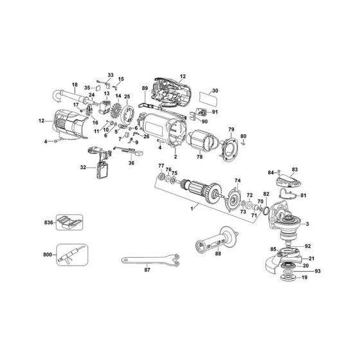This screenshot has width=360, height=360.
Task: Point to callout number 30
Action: tap(215, 91)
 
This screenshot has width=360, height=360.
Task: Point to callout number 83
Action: tap(295, 169)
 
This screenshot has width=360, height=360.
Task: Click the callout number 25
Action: tap(127, 96)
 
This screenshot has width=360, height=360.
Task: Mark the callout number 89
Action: tap(145, 89)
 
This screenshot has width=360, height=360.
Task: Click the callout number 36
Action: tap(131, 163)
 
